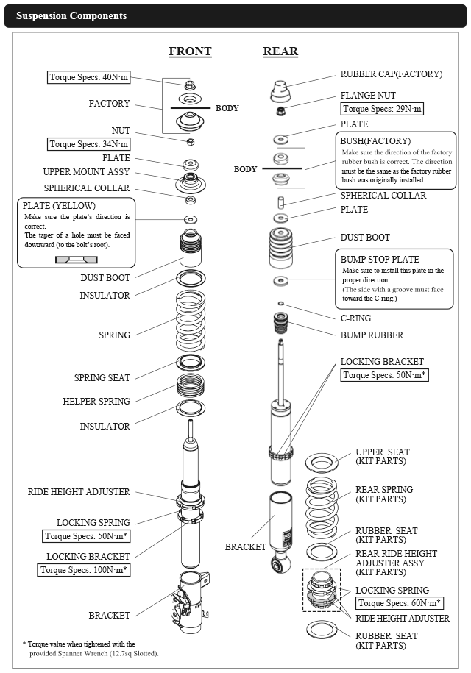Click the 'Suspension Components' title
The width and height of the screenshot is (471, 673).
tap(71, 15)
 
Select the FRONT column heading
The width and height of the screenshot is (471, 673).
tap(190, 51)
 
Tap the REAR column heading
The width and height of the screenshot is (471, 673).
tap(280, 51)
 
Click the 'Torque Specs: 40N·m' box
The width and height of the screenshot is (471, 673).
tap(88, 77)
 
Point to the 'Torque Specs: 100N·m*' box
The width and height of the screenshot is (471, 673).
tap(83, 569)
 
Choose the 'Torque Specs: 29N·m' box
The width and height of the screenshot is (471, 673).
tap(383, 109)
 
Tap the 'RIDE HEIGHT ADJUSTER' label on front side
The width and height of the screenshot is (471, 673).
tap(79, 492)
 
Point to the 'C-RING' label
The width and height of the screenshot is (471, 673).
tap(355, 318)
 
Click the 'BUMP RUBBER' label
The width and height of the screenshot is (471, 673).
tap(372, 335)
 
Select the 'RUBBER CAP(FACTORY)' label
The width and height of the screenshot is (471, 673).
tap(391, 74)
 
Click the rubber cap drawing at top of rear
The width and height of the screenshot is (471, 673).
tap(280, 90)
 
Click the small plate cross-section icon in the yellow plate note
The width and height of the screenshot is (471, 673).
tap(76, 259)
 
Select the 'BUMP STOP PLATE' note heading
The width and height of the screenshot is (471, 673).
tap(380, 260)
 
